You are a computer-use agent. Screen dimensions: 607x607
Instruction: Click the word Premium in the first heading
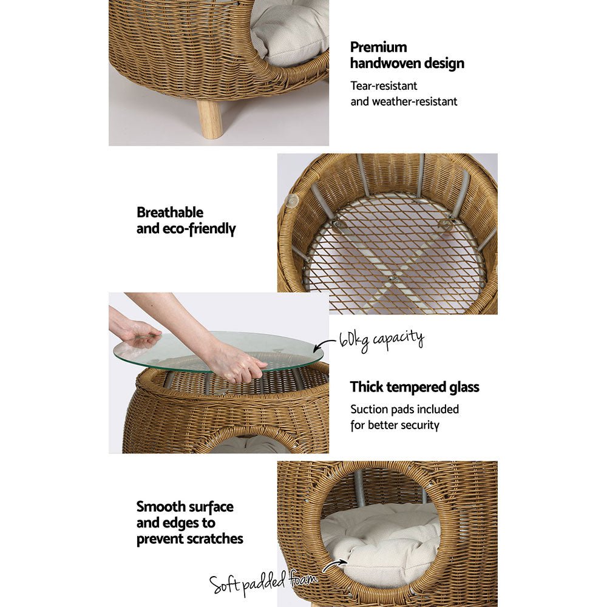coord(379,47)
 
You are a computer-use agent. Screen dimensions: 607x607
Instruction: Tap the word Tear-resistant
coord(384,86)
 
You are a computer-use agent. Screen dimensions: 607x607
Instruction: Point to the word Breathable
coord(170,213)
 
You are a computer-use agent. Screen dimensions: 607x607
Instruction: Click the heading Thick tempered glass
coord(415,387)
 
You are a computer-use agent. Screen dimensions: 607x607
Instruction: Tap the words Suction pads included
coord(404,410)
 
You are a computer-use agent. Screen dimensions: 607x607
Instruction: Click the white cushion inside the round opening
coord(382,540)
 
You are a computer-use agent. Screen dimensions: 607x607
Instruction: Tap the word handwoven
coord(407,63)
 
